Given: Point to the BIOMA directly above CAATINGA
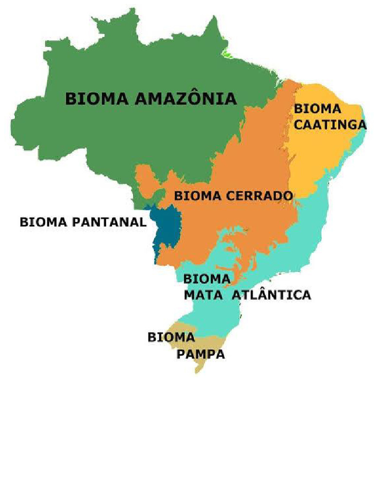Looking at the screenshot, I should tap(318, 109).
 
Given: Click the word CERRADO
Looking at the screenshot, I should tap(261, 196).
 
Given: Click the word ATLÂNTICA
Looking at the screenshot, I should tap(271, 294).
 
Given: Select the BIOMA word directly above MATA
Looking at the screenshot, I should tap(206, 279).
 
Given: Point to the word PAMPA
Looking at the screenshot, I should tap(201, 354).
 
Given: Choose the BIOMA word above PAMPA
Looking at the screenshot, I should tap(171, 337).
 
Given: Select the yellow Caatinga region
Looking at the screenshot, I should tap(317, 156).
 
